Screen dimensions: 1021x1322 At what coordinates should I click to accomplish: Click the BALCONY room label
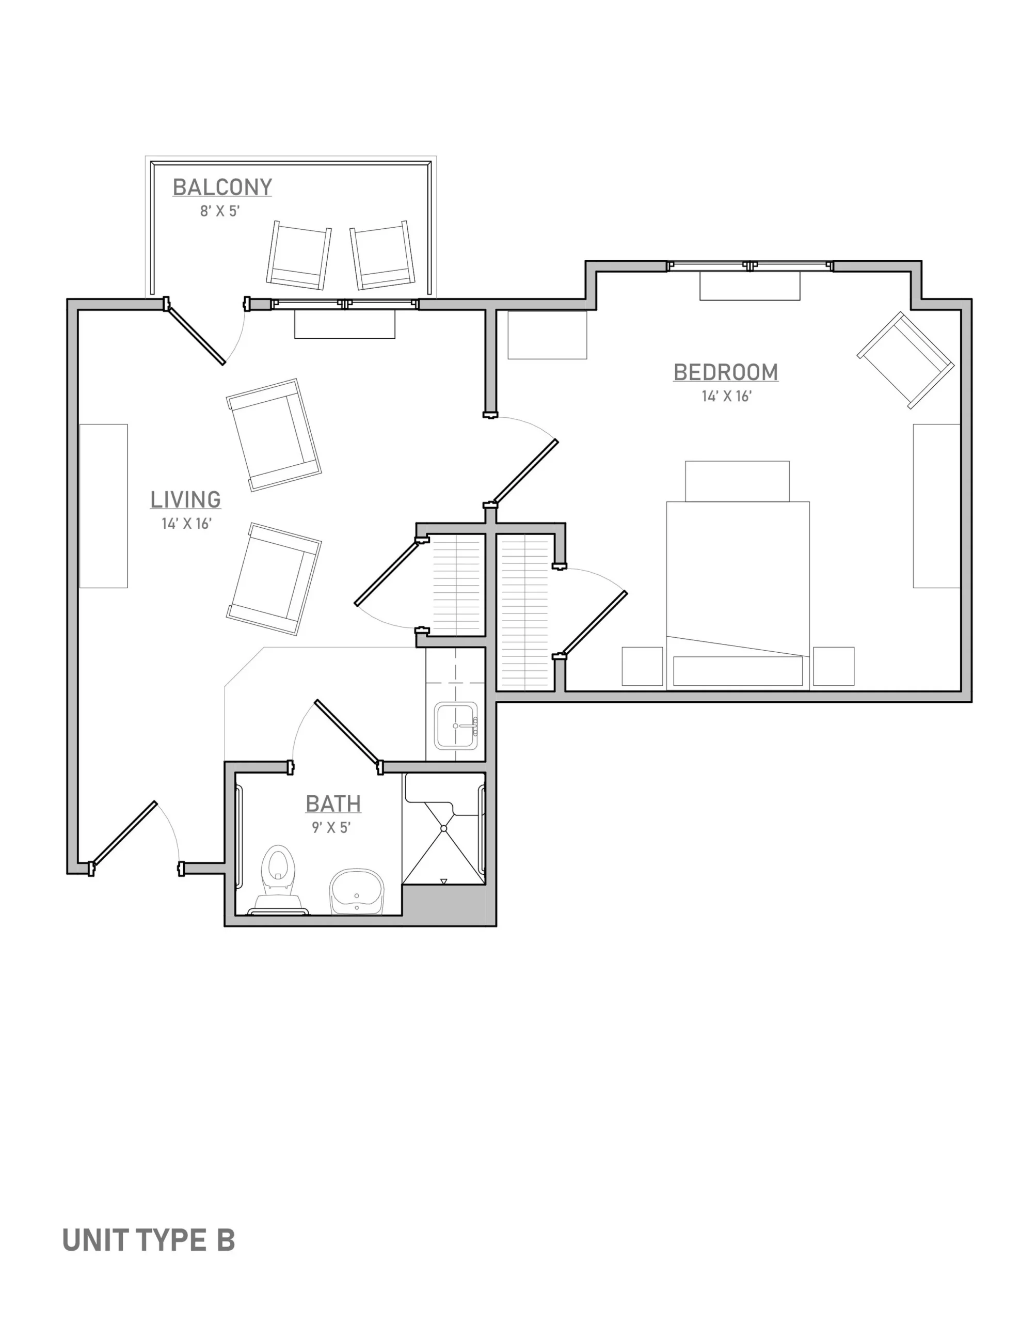click(x=222, y=187)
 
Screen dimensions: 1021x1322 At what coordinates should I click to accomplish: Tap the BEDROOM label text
click(x=726, y=372)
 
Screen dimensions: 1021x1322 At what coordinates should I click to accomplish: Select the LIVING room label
click(x=185, y=499)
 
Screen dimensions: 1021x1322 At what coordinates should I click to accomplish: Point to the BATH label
click(x=333, y=804)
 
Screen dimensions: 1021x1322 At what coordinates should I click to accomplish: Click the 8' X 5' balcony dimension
click(x=220, y=211)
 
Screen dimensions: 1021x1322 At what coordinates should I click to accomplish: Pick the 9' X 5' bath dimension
click(x=331, y=827)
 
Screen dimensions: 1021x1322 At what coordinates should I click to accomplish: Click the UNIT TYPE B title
click(x=148, y=1240)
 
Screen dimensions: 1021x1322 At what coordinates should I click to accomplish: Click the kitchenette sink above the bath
click(x=456, y=725)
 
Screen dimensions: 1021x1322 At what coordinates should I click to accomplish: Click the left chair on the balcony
click(x=299, y=256)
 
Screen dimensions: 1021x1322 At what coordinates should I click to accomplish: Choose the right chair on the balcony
click(x=382, y=256)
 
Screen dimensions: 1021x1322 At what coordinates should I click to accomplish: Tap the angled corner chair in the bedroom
click(x=905, y=359)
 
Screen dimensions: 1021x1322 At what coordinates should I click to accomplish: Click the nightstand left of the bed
click(x=642, y=667)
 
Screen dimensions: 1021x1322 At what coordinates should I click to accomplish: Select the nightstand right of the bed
click(x=834, y=667)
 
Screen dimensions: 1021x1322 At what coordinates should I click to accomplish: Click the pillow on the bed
click(x=738, y=671)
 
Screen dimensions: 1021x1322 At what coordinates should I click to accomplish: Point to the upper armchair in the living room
click(x=274, y=435)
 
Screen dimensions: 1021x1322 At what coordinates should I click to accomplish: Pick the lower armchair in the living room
click(x=274, y=579)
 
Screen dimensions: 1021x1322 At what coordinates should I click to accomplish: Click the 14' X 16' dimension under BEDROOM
click(x=726, y=397)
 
